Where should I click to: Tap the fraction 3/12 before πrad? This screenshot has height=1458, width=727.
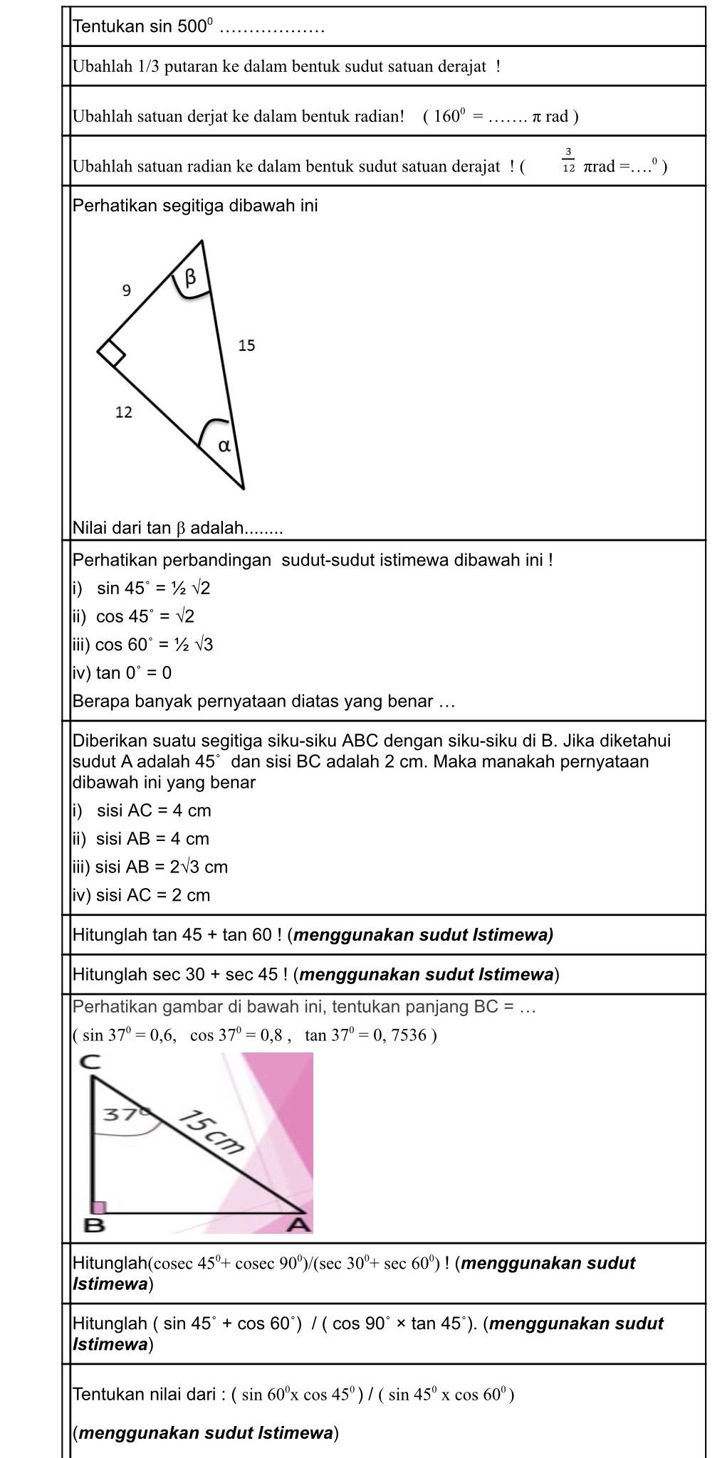[568, 161]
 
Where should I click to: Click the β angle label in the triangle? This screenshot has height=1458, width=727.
[190, 278]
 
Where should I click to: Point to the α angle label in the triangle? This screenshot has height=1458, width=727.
[224, 446]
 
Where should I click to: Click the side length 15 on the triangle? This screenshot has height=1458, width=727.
[246, 346]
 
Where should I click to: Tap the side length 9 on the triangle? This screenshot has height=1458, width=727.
[127, 290]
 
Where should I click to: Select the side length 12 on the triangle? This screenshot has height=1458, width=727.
[124, 412]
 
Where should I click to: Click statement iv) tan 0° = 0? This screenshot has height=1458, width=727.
[122, 672]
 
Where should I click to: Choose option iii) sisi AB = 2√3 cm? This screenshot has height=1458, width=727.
[150, 867]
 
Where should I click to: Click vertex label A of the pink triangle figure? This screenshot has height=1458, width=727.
[300, 1225]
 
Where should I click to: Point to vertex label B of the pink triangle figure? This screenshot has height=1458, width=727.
[94, 1225]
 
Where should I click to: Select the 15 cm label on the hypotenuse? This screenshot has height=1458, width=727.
[210, 1132]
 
